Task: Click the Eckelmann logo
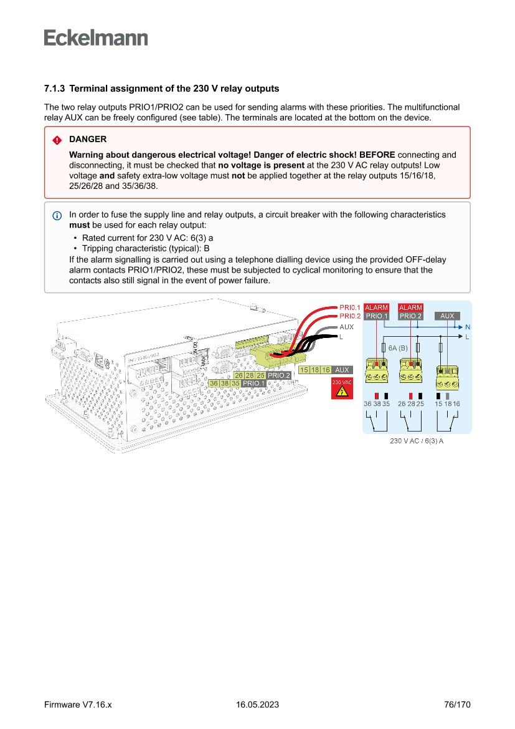click(x=96, y=37)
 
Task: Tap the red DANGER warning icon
click(x=57, y=140)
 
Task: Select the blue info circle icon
click(x=57, y=215)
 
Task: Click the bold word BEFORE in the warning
click(x=377, y=155)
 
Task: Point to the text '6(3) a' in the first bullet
click(x=202, y=238)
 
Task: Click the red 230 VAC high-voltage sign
click(x=341, y=389)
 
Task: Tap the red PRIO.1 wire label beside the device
click(x=350, y=307)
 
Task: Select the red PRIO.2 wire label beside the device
click(x=350, y=316)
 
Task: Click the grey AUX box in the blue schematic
click(x=447, y=316)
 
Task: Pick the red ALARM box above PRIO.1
click(x=376, y=307)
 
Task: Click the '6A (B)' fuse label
click(x=398, y=347)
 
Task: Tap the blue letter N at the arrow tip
click(x=467, y=327)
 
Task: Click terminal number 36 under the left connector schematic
click(x=367, y=404)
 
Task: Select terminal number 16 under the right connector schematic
click(x=456, y=404)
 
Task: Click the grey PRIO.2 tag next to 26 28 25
click(x=279, y=375)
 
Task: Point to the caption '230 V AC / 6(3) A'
click(x=417, y=441)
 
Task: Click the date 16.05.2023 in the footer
click(x=257, y=705)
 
